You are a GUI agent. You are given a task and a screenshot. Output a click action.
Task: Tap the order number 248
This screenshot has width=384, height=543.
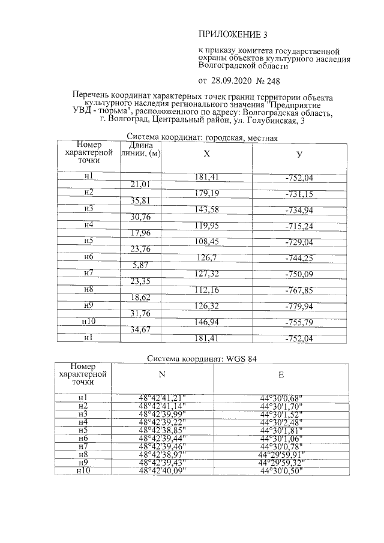coord(269,80)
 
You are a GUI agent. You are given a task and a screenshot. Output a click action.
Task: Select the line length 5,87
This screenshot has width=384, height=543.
coord(140,265)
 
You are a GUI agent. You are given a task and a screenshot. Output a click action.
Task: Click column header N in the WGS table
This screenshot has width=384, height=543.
coord(161,375)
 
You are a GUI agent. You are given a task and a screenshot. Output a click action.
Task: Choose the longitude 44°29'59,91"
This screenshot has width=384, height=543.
coord(281,454)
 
